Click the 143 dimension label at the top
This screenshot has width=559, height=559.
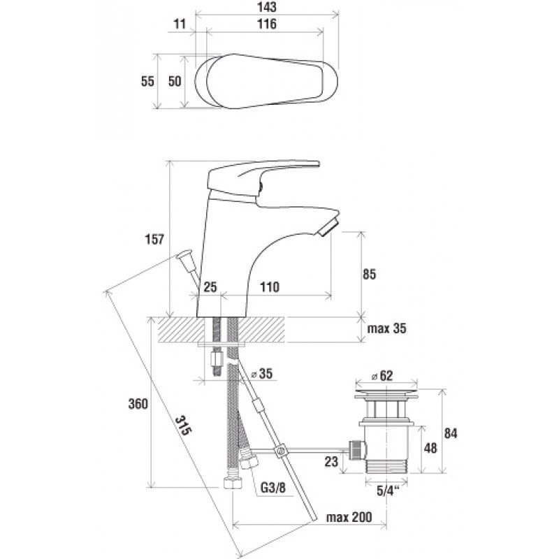tap(267, 7)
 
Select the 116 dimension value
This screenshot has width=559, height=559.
tap(267, 24)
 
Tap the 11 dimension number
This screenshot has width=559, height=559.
tap(180, 24)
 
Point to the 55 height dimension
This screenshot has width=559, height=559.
tap(147, 81)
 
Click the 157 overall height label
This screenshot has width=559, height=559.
tap(154, 239)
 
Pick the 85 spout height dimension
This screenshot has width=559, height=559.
tap(369, 274)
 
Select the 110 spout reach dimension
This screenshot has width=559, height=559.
tap(270, 287)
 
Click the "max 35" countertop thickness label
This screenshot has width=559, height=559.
tap(386, 328)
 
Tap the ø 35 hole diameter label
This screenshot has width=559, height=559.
tap(261, 374)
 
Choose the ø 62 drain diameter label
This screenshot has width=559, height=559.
tap(382, 375)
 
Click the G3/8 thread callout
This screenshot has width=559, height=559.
tap(273, 487)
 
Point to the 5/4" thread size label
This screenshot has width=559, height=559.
tap(388, 491)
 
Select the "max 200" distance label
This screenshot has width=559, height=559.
tap(349, 517)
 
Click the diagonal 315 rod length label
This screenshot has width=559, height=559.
tap(183, 426)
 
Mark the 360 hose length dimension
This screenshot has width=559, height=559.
tap(138, 404)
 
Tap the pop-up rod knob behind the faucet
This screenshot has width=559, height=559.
tap(184, 254)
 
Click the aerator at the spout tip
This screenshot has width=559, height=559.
tap(328, 226)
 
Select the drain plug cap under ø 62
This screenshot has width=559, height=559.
tap(386, 393)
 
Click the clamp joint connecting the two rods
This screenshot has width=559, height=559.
tap(280, 451)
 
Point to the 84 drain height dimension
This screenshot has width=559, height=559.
tap(451, 433)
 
